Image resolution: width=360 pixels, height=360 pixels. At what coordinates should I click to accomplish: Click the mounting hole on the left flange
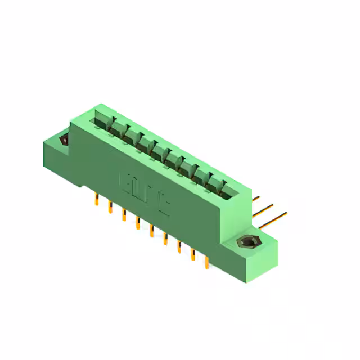[64, 139]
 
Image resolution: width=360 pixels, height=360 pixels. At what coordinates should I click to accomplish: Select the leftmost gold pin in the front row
[97, 199]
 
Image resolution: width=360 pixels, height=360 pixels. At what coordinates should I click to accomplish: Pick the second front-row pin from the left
[110, 206]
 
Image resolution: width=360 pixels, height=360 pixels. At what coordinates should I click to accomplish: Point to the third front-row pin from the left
[124, 214]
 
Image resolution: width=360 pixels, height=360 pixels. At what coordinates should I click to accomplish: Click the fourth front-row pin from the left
[137, 222]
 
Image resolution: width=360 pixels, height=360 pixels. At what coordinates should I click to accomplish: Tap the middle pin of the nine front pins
[151, 229]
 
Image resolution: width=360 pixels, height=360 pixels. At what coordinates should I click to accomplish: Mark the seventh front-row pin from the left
[179, 245]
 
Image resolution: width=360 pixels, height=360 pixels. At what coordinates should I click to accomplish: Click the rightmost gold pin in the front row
[206, 261]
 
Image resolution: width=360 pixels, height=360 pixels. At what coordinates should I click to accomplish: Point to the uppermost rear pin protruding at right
[256, 198]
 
